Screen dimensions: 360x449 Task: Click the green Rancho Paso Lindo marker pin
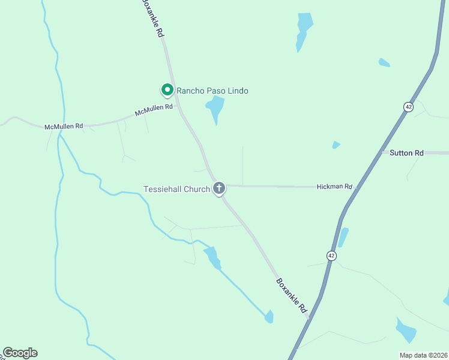(x=167, y=90)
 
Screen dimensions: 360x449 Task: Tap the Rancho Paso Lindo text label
(x=212, y=91)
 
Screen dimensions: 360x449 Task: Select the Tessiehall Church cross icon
(x=219, y=188)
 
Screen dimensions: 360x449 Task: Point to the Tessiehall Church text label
(x=176, y=189)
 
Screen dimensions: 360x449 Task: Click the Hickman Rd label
(x=334, y=187)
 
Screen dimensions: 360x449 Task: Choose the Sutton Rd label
(x=406, y=153)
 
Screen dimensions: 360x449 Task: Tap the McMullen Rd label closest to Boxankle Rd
(x=154, y=110)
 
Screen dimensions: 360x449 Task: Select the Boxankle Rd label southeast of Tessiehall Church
(x=292, y=295)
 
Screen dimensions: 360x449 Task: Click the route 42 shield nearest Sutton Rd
(x=408, y=106)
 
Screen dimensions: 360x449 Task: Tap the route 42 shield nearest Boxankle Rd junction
(x=331, y=256)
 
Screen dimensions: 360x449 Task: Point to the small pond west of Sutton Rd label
(x=336, y=145)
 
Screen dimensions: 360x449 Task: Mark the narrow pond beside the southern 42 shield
(x=343, y=237)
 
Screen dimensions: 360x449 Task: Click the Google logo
(x=20, y=353)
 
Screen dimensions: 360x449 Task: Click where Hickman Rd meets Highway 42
(x=356, y=187)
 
